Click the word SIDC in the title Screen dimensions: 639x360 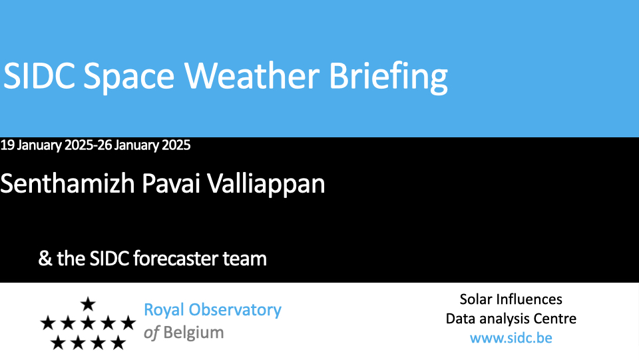[x=39, y=76]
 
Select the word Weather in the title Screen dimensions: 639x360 [x=252, y=76]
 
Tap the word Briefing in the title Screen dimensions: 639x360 [x=388, y=78]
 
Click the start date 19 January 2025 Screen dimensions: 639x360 [x=47, y=145]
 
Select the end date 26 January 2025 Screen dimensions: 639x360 [x=144, y=145]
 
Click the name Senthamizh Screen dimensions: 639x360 [x=68, y=183]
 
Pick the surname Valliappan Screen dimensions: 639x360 [x=266, y=185]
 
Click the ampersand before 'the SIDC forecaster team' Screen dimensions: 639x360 [x=45, y=259]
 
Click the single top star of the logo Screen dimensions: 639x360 [x=88, y=304]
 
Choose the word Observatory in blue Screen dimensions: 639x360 [x=235, y=310]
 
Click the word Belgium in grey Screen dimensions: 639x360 [x=194, y=333]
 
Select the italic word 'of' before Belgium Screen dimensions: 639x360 [x=151, y=333]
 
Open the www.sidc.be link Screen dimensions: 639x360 [x=511, y=338]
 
